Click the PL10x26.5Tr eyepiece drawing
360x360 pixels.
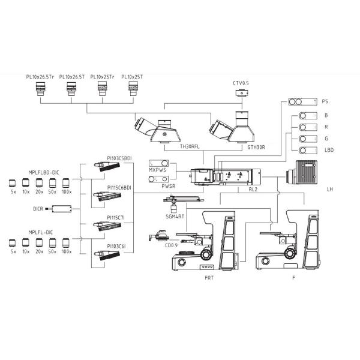[x=40, y=89]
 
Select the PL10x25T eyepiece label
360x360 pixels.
[x=132, y=77]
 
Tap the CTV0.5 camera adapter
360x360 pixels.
[x=242, y=92]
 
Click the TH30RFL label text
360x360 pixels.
[x=190, y=147]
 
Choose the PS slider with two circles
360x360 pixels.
[x=303, y=102]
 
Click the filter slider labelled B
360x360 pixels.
[x=308, y=116]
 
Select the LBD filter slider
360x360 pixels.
[x=308, y=151]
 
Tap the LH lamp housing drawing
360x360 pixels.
[x=302, y=173]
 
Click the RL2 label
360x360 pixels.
[x=253, y=190]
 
